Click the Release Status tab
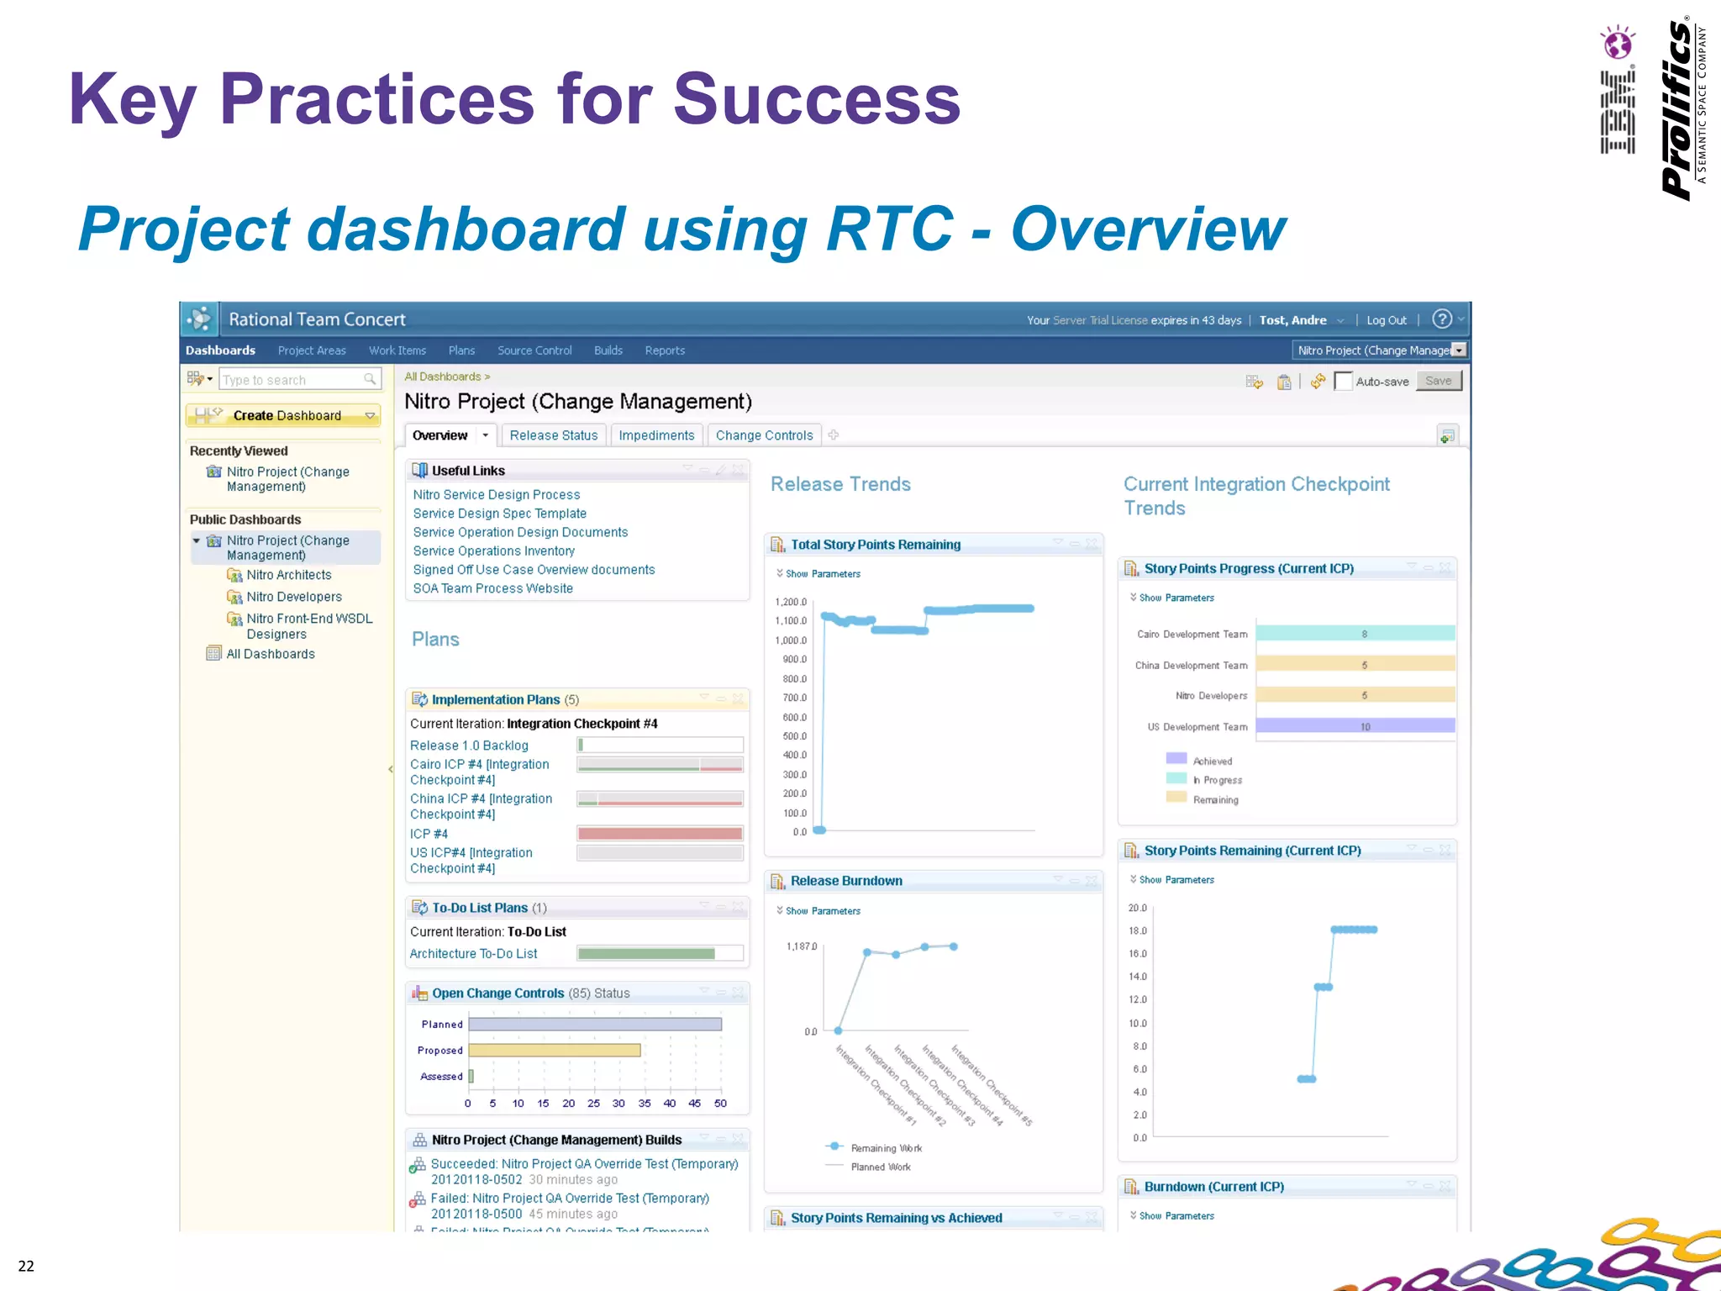(x=553, y=435)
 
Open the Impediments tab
(x=656, y=435)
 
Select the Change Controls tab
(x=764, y=435)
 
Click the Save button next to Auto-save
(x=1439, y=381)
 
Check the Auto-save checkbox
(x=1343, y=382)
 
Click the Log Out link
(x=1386, y=320)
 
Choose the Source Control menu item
(x=534, y=350)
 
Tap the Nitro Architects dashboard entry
(x=289, y=575)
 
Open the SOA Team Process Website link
(x=492, y=588)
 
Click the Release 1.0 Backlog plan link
(x=469, y=746)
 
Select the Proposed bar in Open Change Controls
(x=555, y=1051)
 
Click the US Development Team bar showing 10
(x=1355, y=726)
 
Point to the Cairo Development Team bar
(x=1355, y=634)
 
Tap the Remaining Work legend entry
(x=886, y=1148)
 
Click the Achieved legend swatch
(x=1176, y=759)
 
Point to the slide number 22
(x=26, y=1266)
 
